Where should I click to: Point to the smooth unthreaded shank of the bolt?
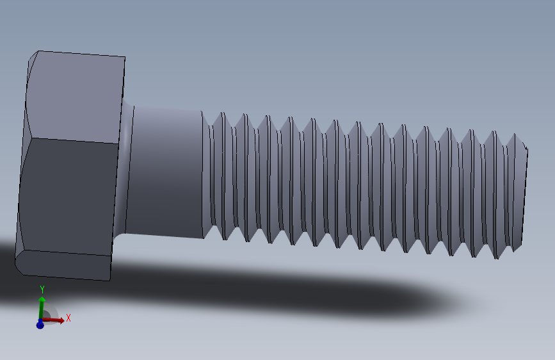point(166,170)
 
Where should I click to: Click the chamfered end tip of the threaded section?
point(524,192)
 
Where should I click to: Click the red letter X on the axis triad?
point(68,317)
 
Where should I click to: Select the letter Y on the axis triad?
point(42,289)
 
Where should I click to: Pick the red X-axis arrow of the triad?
point(54,319)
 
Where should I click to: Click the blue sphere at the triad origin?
point(40,325)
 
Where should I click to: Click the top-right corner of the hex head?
point(124,58)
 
